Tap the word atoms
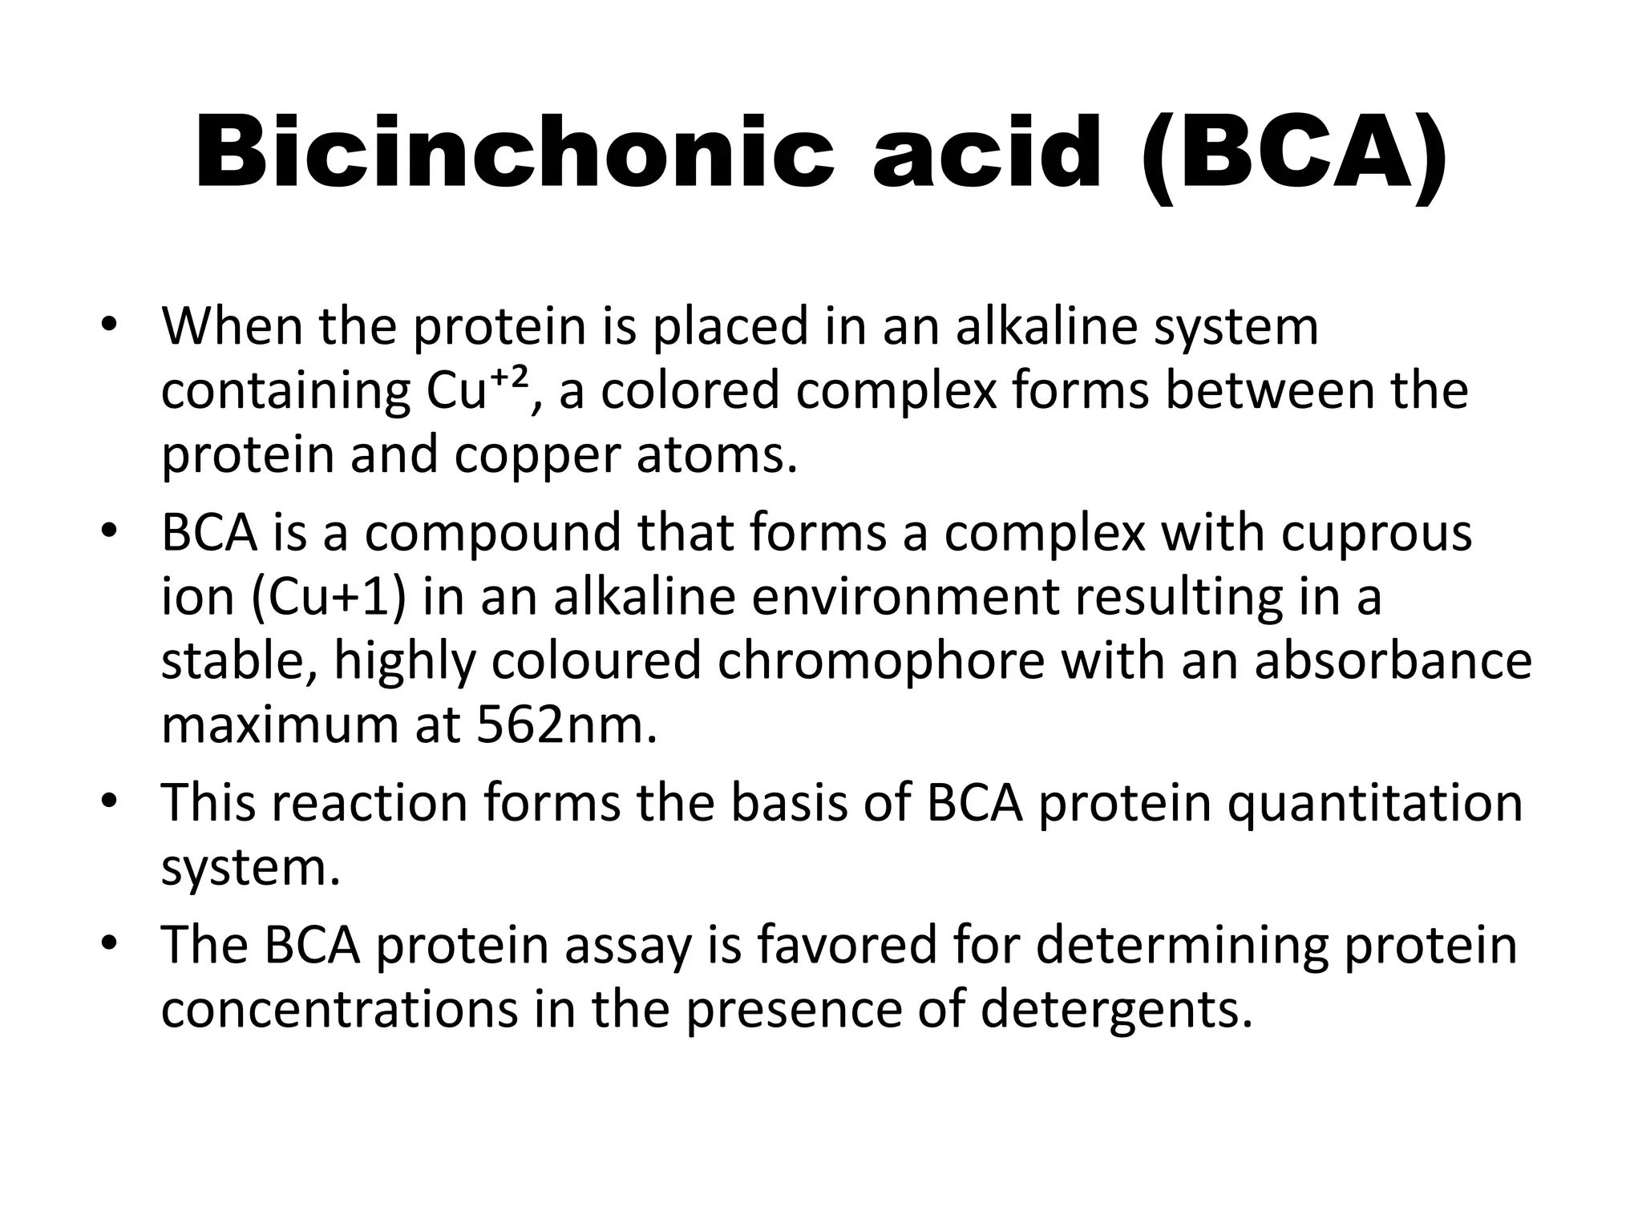click(x=717, y=454)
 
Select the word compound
click(x=492, y=533)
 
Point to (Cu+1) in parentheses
click(x=328, y=598)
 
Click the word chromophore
click(x=881, y=661)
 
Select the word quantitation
click(x=1374, y=804)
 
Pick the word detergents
click(x=1116, y=1009)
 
